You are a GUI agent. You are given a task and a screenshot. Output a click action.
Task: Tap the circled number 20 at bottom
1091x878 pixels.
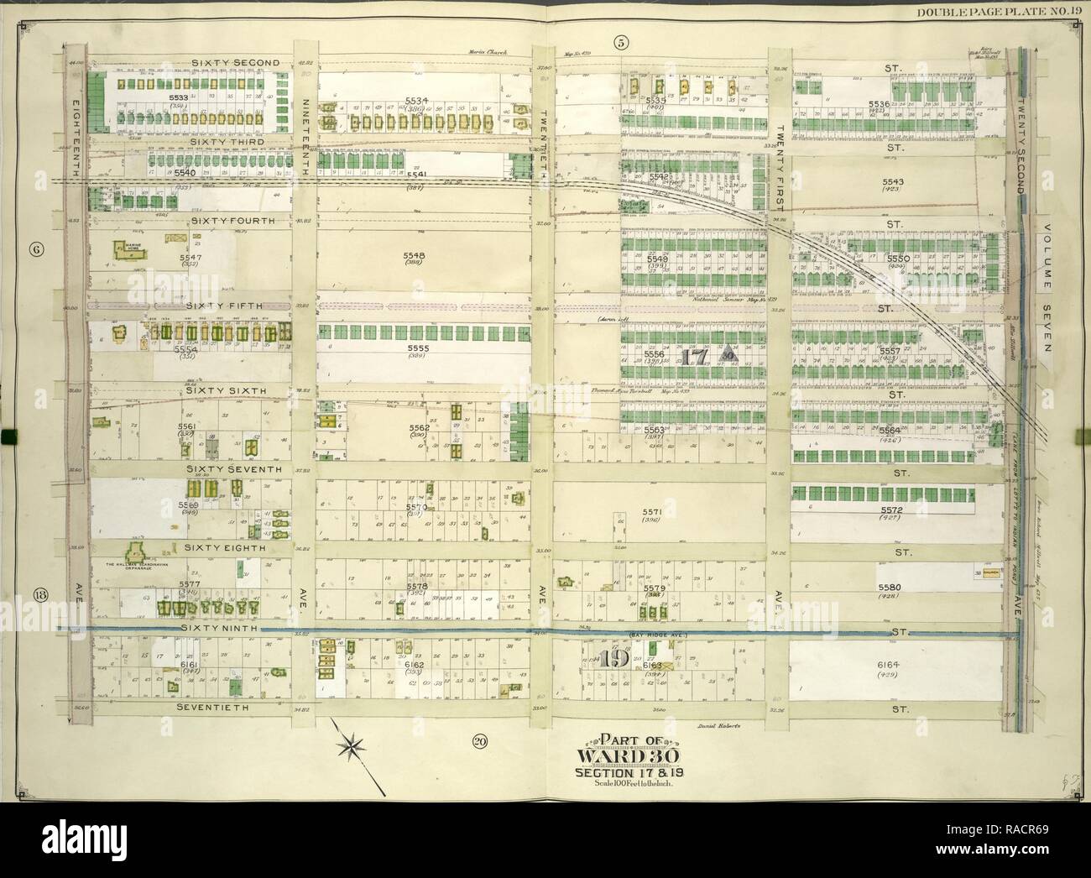[479, 740]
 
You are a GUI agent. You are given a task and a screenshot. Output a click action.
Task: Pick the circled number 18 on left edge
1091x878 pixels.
[39, 596]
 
